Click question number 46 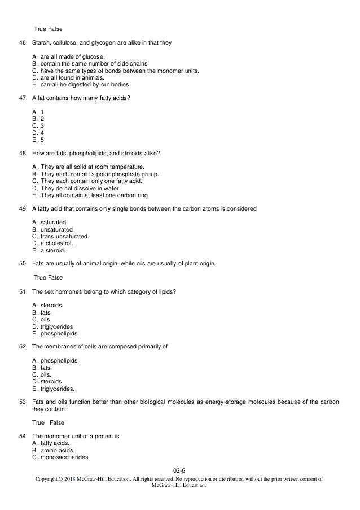click(x=23, y=42)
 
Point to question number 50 click(x=23, y=263)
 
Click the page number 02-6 click(x=180, y=469)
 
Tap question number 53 click(x=23, y=402)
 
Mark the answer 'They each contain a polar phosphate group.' click(x=100, y=174)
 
